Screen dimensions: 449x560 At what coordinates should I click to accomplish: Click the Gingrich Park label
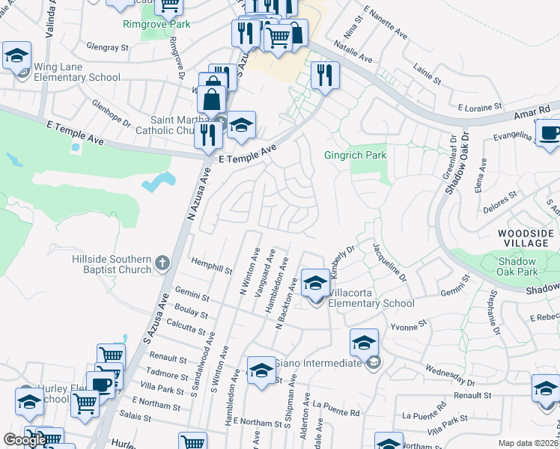click(355, 156)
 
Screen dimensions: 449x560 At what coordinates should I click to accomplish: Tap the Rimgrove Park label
click(156, 24)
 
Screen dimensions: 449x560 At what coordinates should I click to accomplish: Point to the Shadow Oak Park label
click(517, 267)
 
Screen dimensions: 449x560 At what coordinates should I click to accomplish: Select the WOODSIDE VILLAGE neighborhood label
click(527, 239)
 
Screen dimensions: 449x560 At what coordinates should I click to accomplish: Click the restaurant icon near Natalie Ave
click(325, 74)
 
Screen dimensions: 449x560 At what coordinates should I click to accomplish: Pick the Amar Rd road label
click(535, 111)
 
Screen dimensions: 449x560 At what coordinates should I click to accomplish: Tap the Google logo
click(24, 440)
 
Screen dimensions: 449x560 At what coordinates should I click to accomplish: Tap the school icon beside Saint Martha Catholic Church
click(241, 126)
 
